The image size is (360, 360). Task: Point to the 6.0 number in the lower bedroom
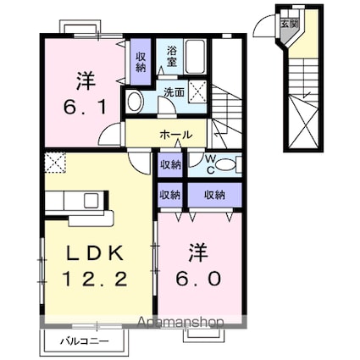tap(197, 277)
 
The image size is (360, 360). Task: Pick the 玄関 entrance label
tap(290, 24)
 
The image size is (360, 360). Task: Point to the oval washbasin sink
tap(136, 102)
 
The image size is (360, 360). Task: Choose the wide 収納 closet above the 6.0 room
tap(213, 194)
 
